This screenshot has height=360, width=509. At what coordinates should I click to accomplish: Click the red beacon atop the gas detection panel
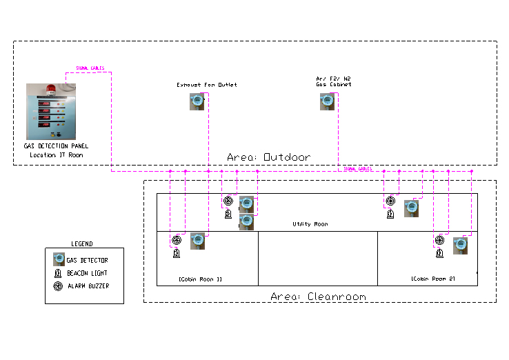(50, 88)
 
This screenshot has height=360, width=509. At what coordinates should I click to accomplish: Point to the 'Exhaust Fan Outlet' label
(206, 85)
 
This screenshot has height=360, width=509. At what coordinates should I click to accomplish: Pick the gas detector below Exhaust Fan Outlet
(197, 102)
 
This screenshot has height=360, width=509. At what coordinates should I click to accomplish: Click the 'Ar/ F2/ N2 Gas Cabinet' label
(334, 81)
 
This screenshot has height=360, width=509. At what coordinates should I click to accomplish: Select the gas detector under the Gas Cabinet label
(328, 102)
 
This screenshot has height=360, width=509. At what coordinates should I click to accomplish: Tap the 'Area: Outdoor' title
(268, 157)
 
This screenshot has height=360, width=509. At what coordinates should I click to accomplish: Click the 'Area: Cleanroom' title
(318, 297)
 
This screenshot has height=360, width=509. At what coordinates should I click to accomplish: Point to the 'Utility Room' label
(310, 224)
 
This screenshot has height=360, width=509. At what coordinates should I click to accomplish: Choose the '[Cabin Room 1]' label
(200, 279)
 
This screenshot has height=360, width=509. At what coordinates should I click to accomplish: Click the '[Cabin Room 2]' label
(433, 279)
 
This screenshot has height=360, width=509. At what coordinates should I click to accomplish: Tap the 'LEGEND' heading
(81, 244)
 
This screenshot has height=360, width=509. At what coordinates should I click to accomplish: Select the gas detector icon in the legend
(59, 260)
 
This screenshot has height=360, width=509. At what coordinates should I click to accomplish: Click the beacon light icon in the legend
(59, 273)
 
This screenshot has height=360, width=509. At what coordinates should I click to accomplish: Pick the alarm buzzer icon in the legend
(59, 286)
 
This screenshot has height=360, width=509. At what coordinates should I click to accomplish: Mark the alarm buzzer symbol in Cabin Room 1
(177, 241)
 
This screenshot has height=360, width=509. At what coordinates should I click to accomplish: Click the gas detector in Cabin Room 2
(461, 246)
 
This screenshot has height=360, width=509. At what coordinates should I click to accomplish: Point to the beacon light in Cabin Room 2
(439, 252)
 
